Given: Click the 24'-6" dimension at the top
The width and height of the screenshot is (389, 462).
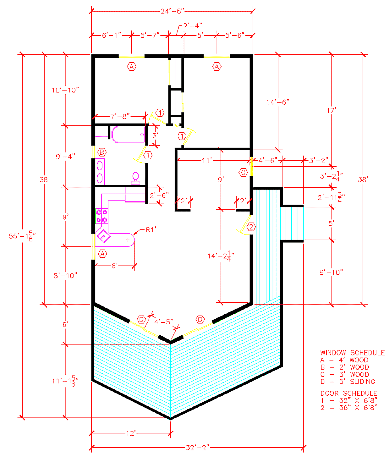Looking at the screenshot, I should click(x=172, y=11).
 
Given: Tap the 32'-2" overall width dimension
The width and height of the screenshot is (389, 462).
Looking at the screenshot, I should click(x=197, y=447).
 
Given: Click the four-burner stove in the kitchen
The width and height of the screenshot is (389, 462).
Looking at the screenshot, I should click(x=101, y=216).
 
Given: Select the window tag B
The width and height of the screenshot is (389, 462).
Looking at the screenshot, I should click(x=102, y=153).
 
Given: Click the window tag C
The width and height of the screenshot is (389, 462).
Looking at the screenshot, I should click(x=243, y=172).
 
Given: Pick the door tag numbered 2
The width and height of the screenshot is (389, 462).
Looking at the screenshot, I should click(x=251, y=227).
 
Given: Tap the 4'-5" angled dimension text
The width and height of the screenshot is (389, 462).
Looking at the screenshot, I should click(x=163, y=322).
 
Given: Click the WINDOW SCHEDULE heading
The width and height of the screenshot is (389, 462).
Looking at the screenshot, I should click(x=352, y=353).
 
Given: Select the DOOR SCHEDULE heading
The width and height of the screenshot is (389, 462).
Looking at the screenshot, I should click(x=348, y=393).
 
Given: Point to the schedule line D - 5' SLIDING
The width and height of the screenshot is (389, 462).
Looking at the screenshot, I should click(x=348, y=382).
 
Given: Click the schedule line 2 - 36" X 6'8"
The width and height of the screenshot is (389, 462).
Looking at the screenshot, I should click(x=349, y=408).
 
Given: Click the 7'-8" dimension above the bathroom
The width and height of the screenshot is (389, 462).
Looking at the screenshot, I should click(x=120, y=117).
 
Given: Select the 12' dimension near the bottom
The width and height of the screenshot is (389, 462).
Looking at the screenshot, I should click(x=130, y=434).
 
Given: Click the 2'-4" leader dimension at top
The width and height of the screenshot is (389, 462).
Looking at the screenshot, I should click(x=192, y=25).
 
